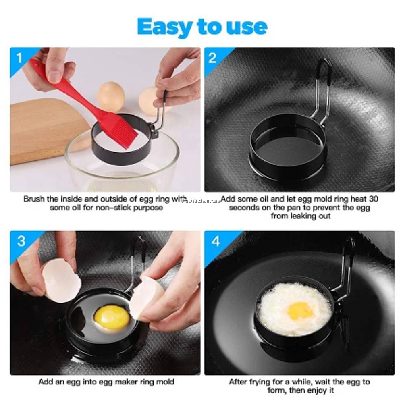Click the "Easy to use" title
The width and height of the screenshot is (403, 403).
point(202,27)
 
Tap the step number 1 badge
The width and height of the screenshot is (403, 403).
point(19,58)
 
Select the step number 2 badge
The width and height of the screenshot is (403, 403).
point(212,58)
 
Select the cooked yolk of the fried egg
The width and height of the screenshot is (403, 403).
point(300,310)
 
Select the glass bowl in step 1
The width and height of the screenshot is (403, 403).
point(121,169)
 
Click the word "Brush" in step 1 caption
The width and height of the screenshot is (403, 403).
point(33,199)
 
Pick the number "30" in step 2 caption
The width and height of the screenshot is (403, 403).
point(373,199)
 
